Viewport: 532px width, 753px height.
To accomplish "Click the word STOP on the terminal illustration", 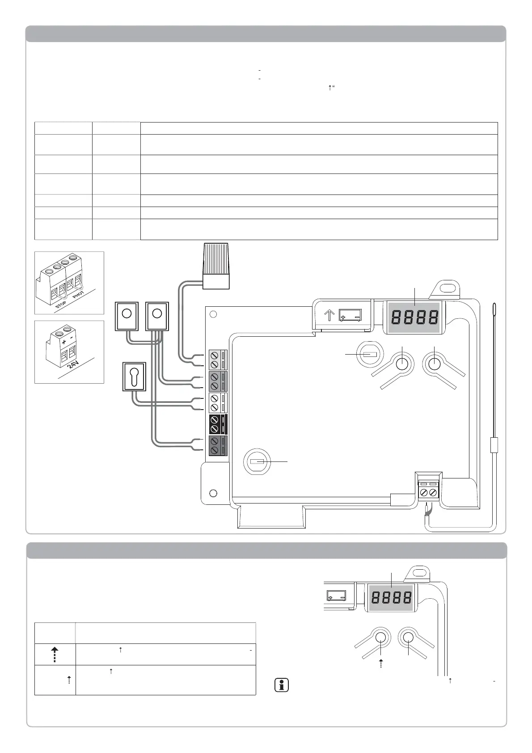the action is click(61, 305).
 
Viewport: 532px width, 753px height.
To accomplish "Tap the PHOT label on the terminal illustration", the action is click(78, 295).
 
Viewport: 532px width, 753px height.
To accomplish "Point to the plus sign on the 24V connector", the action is click(64, 342).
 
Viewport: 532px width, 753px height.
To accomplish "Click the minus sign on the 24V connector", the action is click(71, 338).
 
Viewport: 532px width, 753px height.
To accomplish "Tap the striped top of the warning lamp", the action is click(216, 258).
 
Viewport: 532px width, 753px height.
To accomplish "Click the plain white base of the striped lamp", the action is click(216, 281).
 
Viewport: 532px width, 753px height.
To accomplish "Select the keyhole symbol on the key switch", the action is click(134, 376).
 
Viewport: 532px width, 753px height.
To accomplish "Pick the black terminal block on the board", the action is click(218, 424).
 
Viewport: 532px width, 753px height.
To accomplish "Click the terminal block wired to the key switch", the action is click(218, 403).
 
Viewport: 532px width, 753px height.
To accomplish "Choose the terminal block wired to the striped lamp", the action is click(218, 360).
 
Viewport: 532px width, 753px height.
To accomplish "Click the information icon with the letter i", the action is click(282, 685).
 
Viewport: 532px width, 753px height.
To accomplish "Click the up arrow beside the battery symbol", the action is click(329, 315).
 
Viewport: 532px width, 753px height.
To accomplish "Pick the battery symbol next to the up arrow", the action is click(350, 315).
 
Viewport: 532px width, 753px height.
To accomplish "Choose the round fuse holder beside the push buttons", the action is click(369, 354).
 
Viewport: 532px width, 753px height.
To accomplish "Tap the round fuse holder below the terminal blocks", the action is click(257, 461).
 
